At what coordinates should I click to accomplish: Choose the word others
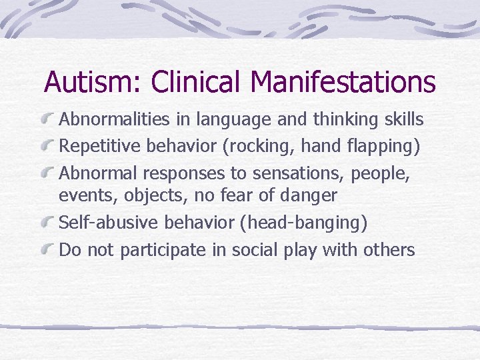pyautogui.click(x=389, y=250)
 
